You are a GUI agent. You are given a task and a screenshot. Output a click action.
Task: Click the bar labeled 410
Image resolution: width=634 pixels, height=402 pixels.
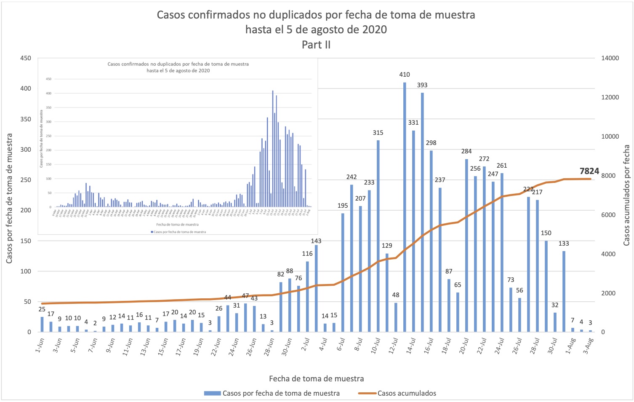[x=405, y=206]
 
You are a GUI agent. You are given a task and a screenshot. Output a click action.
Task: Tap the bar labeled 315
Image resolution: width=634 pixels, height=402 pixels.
[x=378, y=236]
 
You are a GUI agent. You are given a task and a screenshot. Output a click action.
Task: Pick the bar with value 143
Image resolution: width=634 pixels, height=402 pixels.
[x=316, y=288]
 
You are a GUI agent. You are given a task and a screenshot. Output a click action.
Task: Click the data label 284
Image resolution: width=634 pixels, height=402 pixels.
[x=466, y=151]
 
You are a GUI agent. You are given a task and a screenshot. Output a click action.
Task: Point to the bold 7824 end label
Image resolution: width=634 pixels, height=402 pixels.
[x=589, y=171]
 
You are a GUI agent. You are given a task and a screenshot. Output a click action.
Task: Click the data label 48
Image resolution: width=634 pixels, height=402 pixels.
[x=396, y=295]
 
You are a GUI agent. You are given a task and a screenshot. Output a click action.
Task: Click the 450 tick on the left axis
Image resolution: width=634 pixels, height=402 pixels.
[x=26, y=58]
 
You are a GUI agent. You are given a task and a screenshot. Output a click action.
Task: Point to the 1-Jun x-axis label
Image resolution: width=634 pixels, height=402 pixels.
[x=40, y=345]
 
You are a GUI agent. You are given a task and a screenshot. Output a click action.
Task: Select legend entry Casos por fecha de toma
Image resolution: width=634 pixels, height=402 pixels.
[x=281, y=393]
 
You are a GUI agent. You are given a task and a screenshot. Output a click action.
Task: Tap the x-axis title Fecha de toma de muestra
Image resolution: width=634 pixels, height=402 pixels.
[x=316, y=378]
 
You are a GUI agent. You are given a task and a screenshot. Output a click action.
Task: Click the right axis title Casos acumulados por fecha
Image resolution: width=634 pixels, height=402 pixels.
[x=626, y=195]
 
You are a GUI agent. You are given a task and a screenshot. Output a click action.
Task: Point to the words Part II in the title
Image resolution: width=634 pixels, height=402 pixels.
[x=316, y=45]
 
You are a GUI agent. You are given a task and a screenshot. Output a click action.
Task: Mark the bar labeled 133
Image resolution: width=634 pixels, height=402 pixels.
[x=564, y=291]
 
